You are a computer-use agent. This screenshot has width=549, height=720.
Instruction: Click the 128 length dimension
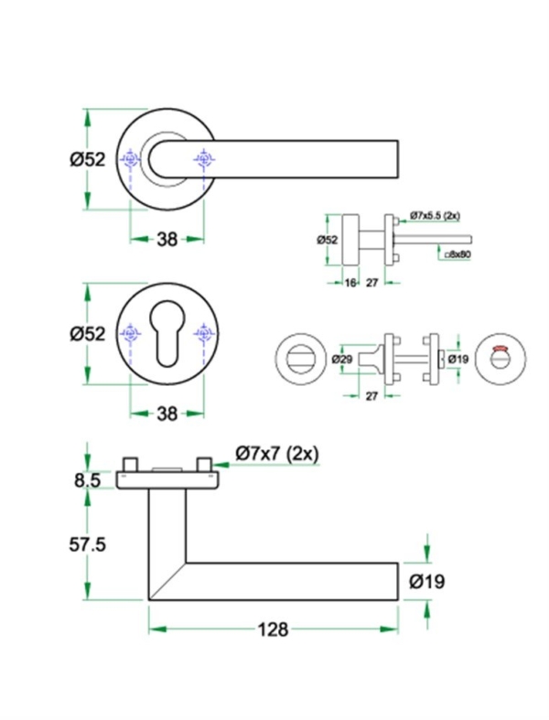[x=273, y=629]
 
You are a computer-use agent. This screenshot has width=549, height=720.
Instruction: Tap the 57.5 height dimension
[x=88, y=544]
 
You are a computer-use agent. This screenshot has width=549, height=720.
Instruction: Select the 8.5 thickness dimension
[x=88, y=477]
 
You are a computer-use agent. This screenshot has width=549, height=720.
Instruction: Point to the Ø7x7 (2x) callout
[x=276, y=453]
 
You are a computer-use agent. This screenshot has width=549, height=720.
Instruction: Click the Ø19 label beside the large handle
[x=427, y=580]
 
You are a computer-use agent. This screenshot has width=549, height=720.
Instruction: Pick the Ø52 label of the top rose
[x=88, y=159]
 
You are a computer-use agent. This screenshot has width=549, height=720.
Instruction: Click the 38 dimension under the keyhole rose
[x=166, y=414]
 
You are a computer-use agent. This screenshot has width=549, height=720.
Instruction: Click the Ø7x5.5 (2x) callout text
[x=435, y=215]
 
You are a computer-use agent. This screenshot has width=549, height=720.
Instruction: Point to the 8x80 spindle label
[x=457, y=255]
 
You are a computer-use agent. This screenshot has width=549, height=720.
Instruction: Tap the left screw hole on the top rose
[x=131, y=160]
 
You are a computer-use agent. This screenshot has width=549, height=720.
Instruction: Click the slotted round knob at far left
[x=298, y=359]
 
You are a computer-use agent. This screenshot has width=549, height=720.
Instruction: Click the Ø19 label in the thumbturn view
[x=458, y=360]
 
